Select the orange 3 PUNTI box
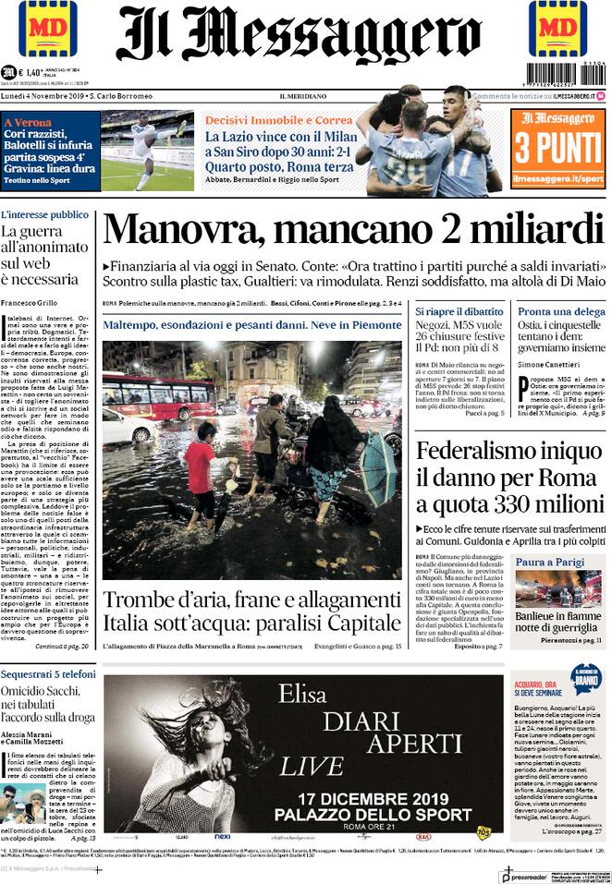pos(557,148)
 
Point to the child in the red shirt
pos(200,471)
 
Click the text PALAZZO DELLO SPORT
pos(385,814)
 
